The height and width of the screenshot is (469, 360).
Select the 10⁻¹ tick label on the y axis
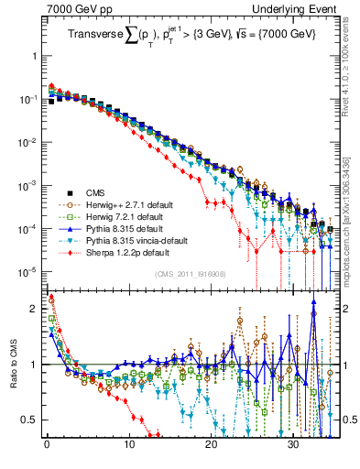(27, 98)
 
